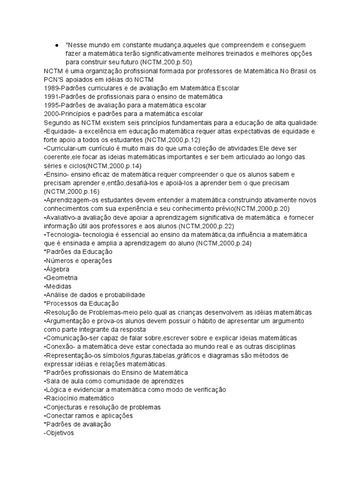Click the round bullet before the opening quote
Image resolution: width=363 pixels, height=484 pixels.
[56, 45]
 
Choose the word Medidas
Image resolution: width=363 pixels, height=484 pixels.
[59, 286]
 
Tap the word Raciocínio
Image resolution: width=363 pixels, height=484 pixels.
[61, 398]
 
